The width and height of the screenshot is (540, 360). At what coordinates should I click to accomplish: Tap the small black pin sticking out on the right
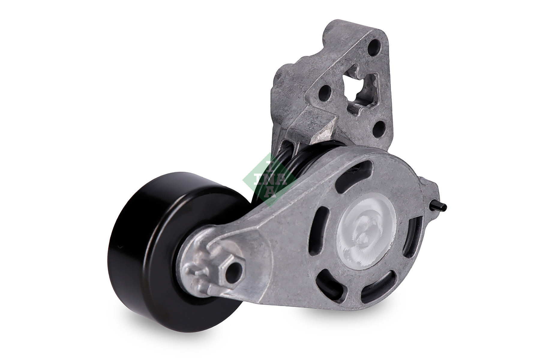(441, 206)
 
